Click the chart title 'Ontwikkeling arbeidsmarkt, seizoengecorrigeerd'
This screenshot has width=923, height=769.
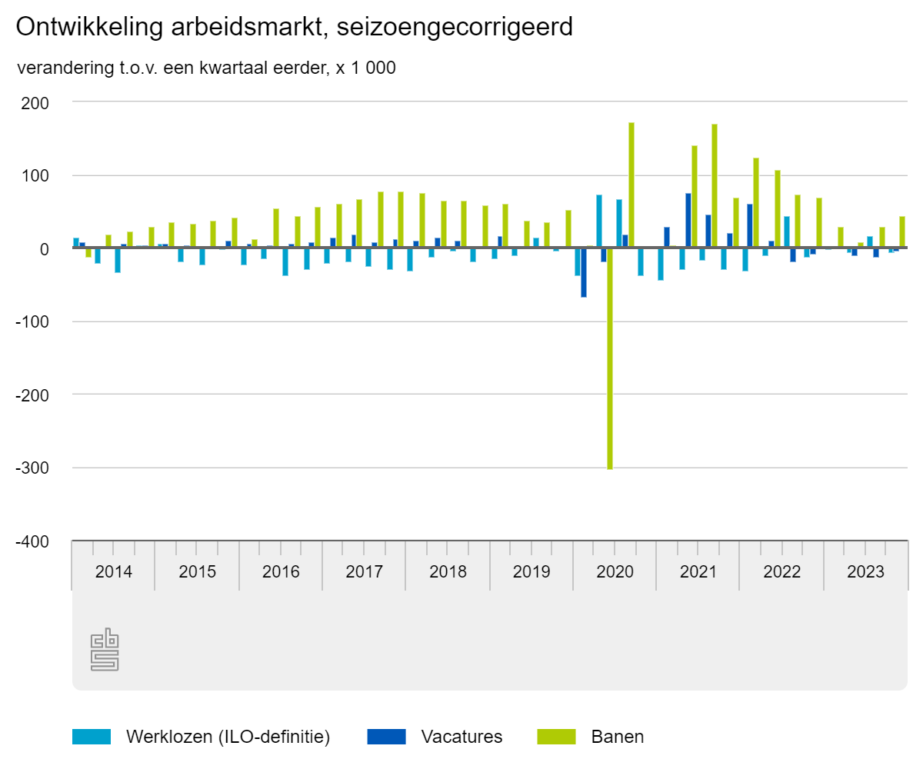294,28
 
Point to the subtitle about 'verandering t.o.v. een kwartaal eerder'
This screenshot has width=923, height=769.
206,68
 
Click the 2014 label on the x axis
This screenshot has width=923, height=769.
114,573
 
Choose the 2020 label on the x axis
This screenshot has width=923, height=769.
615,573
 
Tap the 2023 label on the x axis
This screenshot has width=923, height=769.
865,573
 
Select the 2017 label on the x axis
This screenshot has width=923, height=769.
364,573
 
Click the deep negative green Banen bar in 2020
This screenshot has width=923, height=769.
610,358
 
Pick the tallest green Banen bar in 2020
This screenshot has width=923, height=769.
631,185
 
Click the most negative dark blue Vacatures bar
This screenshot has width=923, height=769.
584,272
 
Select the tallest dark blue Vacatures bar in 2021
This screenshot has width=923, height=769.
688,221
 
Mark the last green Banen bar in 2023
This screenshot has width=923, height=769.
902,232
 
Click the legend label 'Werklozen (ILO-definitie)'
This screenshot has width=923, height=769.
228,737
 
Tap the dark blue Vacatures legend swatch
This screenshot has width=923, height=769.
387,737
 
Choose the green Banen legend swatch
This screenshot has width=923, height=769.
556,737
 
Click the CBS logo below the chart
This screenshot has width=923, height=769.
105,650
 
